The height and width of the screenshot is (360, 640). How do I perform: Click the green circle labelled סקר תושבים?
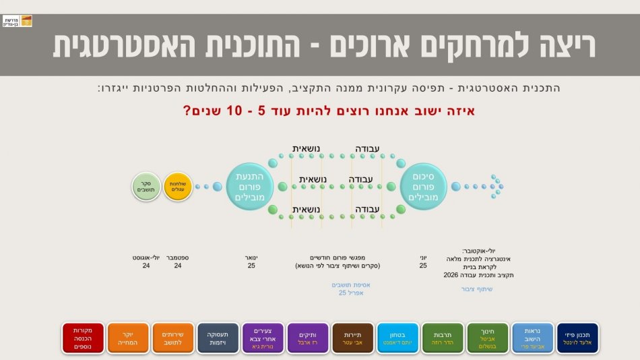coord(146,187)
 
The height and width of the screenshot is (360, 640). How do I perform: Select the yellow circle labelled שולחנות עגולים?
coord(178,187)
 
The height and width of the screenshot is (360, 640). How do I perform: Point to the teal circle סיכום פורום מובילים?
coord(423,187)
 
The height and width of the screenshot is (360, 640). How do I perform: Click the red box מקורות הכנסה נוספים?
coord(83,338)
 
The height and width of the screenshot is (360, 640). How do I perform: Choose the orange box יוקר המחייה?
coord(128,338)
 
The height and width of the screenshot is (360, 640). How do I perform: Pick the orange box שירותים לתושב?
coord(173,338)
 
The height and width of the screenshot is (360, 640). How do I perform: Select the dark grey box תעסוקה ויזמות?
coord(218,338)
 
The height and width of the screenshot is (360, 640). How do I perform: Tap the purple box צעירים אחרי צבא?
coord(263,338)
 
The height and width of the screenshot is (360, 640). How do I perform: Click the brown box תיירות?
coord(353,338)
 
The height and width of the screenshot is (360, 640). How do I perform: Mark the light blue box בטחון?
coord(397,338)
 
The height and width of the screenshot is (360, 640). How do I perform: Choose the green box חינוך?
coord(488,338)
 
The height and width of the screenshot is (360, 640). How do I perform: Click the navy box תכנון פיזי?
coord(577,338)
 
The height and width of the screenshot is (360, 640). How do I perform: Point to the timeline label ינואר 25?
coord(252,262)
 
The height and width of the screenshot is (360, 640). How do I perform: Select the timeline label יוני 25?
coord(423,262)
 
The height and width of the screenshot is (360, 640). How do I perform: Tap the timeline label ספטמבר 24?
coord(178,262)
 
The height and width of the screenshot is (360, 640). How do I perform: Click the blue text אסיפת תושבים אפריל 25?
coord(351,289)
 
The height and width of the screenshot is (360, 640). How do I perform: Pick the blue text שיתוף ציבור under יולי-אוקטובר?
coord(477,289)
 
